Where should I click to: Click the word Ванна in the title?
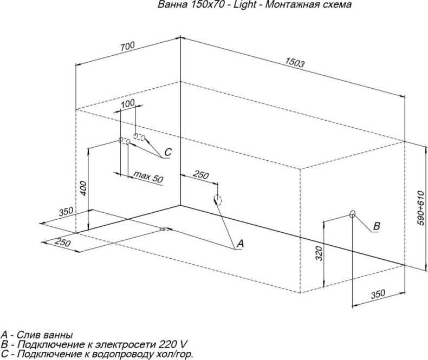[168, 5]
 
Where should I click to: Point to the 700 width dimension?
[127, 47]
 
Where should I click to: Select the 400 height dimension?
[83, 188]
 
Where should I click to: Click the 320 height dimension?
[319, 252]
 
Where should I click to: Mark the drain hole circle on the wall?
[217, 199]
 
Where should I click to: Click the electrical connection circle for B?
[352, 214]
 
